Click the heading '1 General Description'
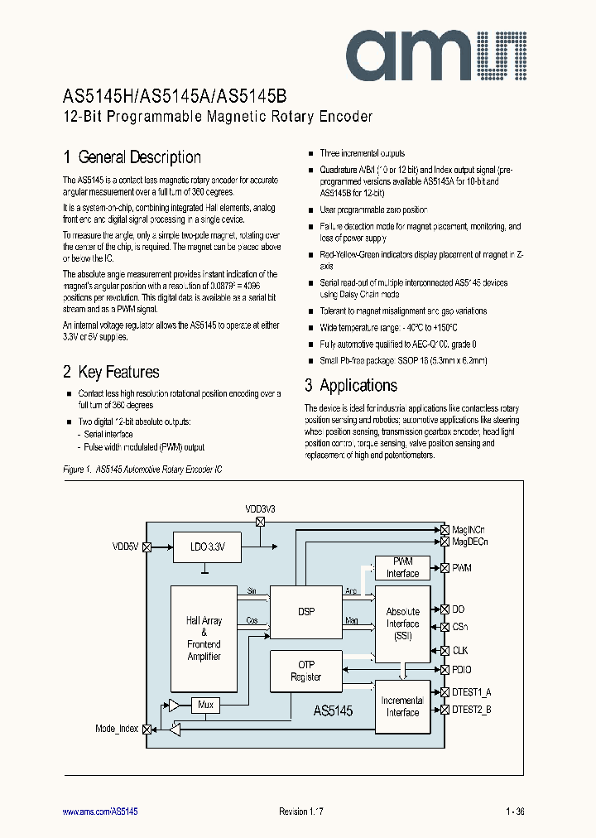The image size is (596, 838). [x=132, y=157]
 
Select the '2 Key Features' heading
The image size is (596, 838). [x=111, y=373]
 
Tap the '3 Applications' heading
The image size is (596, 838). [x=350, y=385]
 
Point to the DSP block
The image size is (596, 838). [x=306, y=612]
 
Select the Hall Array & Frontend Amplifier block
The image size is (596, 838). [x=204, y=638]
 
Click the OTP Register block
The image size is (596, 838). [x=306, y=671]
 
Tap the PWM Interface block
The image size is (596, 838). [x=403, y=567]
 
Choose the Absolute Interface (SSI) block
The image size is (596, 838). [x=403, y=624]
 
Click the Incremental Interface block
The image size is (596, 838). [x=403, y=706]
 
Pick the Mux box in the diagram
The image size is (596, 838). [x=205, y=705]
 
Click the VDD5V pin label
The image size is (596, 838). [x=127, y=547]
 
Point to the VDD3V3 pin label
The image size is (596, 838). [x=260, y=508]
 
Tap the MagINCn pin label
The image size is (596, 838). [x=469, y=529]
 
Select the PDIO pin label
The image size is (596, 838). [x=462, y=670]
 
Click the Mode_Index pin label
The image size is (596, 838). [x=118, y=729]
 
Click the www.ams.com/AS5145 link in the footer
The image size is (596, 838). [x=100, y=812]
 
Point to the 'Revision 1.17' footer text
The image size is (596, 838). [x=300, y=812]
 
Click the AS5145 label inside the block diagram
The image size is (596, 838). [x=333, y=710]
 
